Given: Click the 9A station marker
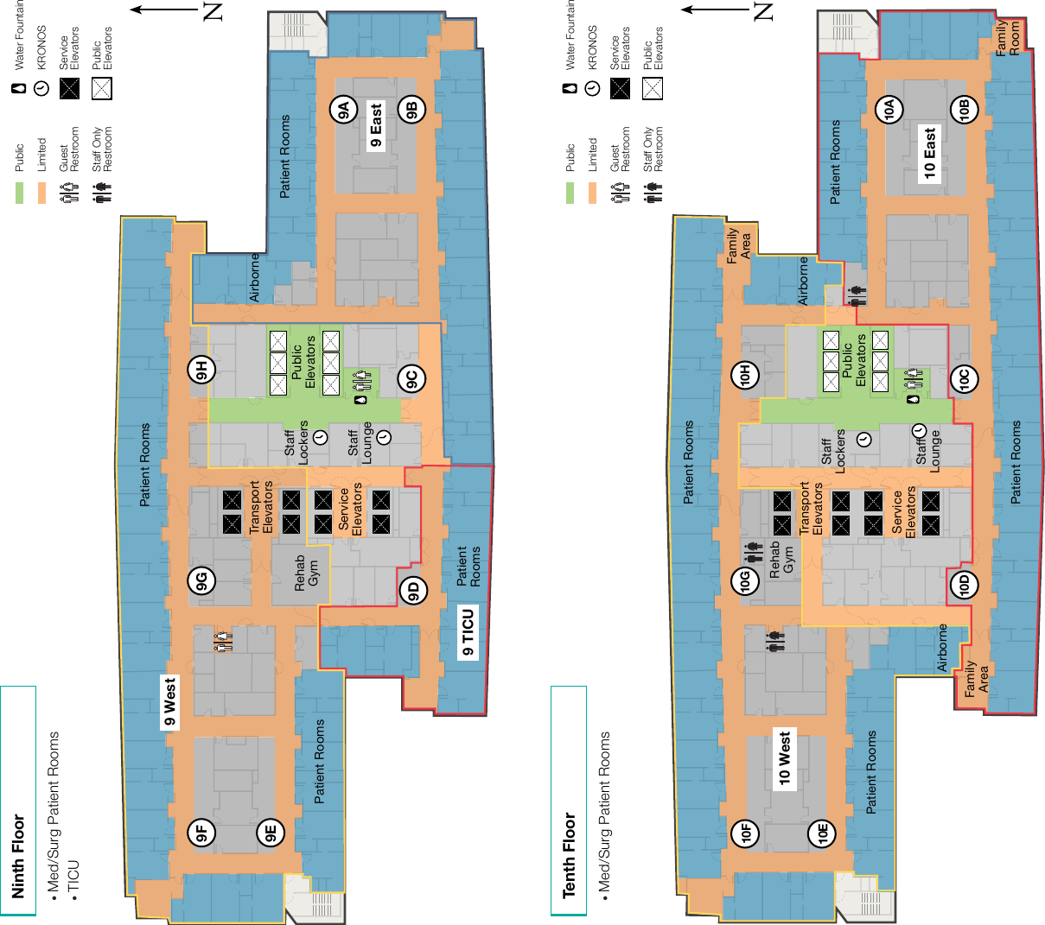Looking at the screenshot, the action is (344, 110).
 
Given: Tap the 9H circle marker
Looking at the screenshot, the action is (201, 369).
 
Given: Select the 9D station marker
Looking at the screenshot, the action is (413, 591).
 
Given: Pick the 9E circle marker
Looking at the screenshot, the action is (271, 833).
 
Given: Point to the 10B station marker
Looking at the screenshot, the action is (965, 109).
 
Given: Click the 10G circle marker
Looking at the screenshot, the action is (745, 580).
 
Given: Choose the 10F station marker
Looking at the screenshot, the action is (746, 833).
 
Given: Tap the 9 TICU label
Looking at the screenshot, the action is (468, 632).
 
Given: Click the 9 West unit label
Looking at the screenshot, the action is (169, 702).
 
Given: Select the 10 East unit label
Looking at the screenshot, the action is (929, 154).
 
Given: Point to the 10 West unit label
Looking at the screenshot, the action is (785, 758).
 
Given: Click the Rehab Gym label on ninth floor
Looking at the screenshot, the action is (306, 573).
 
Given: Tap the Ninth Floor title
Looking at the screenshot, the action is (18, 856).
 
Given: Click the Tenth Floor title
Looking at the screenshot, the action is (569, 855).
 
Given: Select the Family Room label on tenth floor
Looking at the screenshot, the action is (1007, 38).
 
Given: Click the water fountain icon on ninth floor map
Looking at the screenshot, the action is (362, 399).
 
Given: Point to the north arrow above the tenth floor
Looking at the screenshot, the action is (715, 10).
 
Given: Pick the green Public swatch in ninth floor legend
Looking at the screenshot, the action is (20, 193).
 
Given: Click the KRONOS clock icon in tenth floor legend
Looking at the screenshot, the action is (592, 88).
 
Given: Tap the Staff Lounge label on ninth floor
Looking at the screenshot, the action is (360, 443).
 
